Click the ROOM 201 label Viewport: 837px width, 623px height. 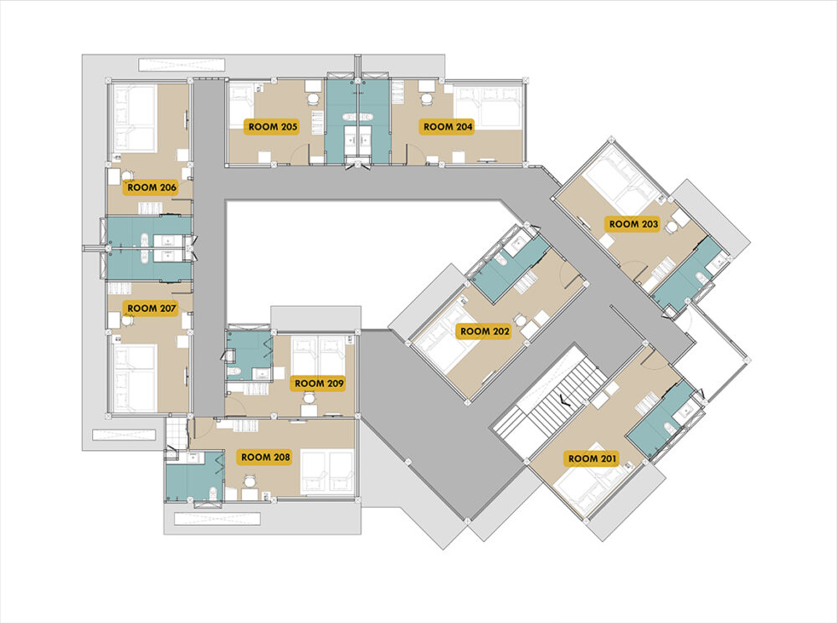(x=592, y=458)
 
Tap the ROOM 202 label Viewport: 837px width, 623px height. (x=485, y=331)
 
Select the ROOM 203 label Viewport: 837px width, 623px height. (x=634, y=224)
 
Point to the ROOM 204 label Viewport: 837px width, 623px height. (x=448, y=127)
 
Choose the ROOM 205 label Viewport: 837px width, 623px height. (x=273, y=127)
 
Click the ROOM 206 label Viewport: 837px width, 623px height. (x=151, y=187)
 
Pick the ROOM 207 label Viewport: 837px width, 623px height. (x=151, y=309)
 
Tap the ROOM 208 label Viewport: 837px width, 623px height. (x=265, y=457)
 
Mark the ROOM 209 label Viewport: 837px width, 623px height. (x=319, y=384)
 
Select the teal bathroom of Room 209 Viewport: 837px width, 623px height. (x=249, y=355)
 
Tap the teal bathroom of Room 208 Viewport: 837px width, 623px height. (x=194, y=476)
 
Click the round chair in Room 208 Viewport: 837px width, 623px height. (x=249, y=481)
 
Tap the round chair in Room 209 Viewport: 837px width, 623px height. (x=309, y=398)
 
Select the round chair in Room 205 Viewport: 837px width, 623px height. (x=313, y=99)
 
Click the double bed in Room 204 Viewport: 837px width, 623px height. (x=487, y=107)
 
